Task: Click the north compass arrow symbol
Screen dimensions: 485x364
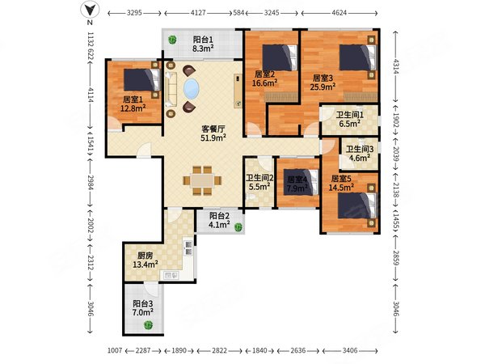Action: (90, 11)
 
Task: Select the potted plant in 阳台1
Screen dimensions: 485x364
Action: (172, 40)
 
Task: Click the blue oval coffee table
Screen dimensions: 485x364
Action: (191, 89)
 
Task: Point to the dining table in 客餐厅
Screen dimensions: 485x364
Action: (202, 180)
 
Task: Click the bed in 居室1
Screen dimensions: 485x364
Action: (141, 79)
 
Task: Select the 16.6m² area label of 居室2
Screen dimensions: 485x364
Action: (264, 83)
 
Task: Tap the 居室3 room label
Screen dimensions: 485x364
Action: (323, 78)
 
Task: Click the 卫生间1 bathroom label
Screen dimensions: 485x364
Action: (350, 115)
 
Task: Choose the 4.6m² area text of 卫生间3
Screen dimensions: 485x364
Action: (360, 158)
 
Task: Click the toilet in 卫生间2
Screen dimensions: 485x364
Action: (251, 197)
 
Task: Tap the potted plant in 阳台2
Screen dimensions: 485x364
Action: (238, 227)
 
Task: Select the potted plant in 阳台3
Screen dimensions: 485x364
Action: (148, 324)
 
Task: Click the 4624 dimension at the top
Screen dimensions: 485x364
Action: (339, 13)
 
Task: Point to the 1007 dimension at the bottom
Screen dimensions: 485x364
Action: (115, 351)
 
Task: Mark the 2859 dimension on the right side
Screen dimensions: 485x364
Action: (395, 256)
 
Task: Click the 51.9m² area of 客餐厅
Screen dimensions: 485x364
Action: (213, 138)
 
